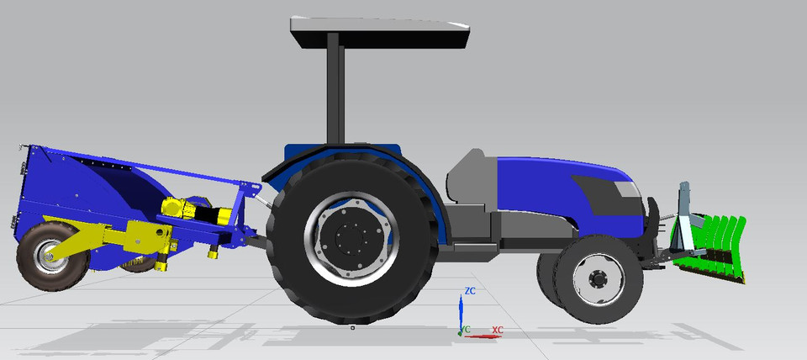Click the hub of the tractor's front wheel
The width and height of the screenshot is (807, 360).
598,278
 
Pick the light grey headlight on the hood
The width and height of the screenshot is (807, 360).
627,189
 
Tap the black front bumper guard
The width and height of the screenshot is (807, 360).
651,223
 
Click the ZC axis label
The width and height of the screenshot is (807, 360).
471,291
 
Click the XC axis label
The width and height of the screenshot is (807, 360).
497,330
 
